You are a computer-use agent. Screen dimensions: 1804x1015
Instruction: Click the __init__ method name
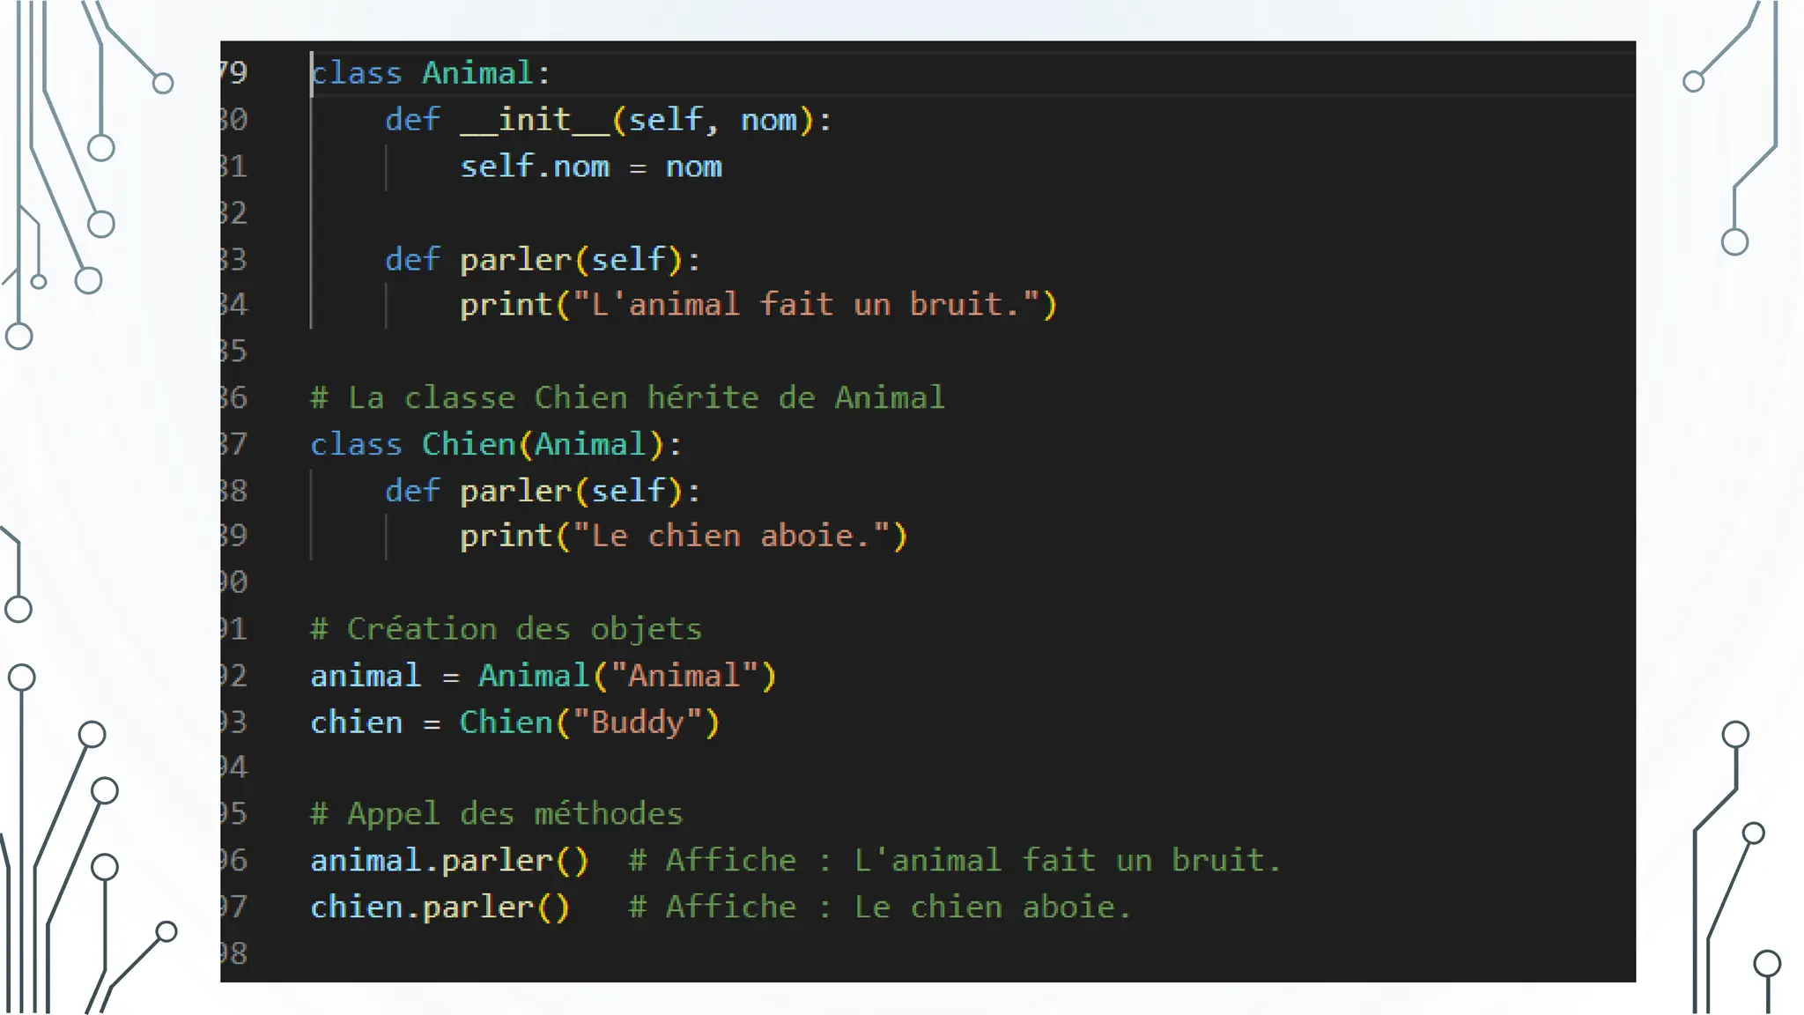pyautogui.click(x=535, y=120)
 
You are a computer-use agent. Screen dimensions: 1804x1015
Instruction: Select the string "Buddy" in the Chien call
pyautogui.click(x=637, y=722)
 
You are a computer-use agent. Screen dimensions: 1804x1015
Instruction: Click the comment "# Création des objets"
pyautogui.click(x=506, y=629)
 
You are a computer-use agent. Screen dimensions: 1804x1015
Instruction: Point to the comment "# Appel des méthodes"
pyautogui.click(x=497, y=813)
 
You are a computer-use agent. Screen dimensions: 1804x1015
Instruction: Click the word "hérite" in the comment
pyautogui.click(x=703, y=397)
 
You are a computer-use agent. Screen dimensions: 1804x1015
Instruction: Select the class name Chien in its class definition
pyautogui.click(x=468, y=444)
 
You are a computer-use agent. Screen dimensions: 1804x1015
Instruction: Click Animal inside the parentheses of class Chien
pyautogui.click(x=590, y=444)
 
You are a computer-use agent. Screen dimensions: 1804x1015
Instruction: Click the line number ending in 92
pyautogui.click(x=234, y=676)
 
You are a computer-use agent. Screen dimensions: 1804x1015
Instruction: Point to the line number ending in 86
pyautogui.click(x=234, y=397)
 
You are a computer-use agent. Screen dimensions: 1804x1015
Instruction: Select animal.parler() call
pyautogui.click(x=449, y=860)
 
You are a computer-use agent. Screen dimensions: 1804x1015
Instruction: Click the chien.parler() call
pyautogui.click(x=440, y=907)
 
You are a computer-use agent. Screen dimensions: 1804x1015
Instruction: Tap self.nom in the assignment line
pyautogui.click(x=534, y=167)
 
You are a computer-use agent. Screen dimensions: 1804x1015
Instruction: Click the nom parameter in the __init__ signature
pyautogui.click(x=768, y=120)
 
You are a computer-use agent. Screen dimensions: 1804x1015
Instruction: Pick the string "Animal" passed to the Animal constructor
pyautogui.click(x=684, y=676)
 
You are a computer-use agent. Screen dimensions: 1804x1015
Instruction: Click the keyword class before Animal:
pyautogui.click(x=357, y=73)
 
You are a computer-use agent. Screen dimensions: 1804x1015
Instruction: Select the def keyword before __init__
pyautogui.click(x=411, y=120)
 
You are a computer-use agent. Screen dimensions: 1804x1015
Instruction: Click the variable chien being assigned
pyautogui.click(x=356, y=722)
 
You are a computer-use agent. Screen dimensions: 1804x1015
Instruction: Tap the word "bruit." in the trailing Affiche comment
pyautogui.click(x=1225, y=860)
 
